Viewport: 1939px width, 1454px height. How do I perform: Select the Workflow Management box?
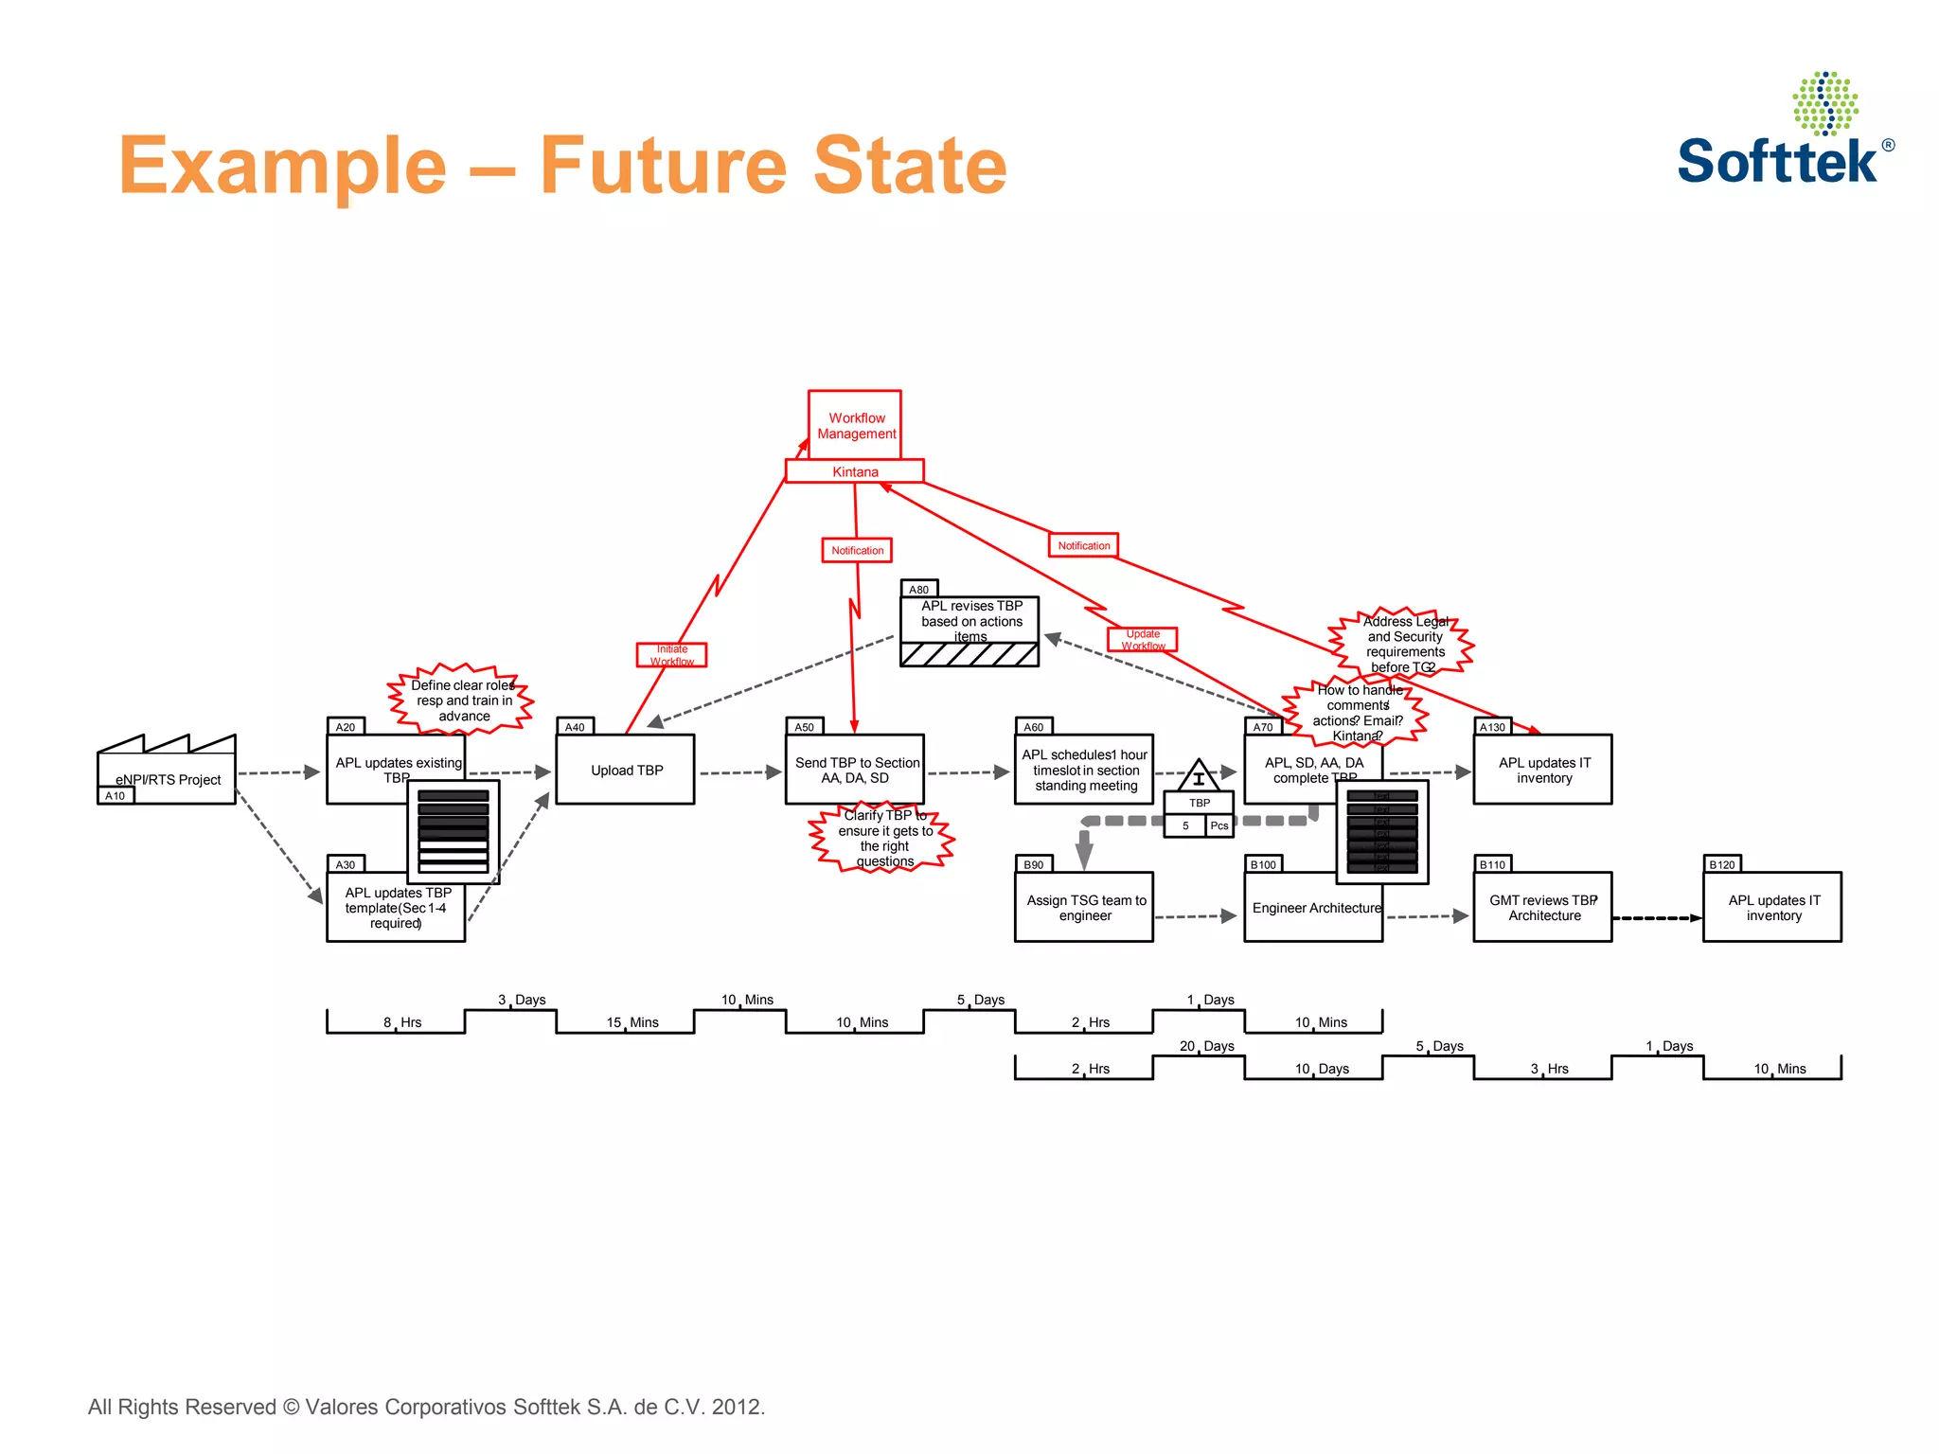[855, 425]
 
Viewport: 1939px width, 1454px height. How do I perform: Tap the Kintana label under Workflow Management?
[855, 471]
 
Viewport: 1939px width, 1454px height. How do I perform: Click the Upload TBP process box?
[626, 771]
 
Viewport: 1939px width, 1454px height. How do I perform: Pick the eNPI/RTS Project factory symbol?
[168, 769]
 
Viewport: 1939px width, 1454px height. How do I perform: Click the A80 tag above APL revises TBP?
[918, 589]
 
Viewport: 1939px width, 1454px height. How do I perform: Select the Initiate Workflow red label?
[671, 655]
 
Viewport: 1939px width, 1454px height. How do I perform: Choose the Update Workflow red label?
[1143, 640]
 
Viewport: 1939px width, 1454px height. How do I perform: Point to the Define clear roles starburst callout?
[462, 700]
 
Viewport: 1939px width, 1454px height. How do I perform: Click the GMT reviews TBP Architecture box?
[1542, 908]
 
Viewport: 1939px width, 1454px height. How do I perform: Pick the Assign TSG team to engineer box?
[1084, 908]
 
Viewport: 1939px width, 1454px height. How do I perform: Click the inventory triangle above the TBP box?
[1199, 776]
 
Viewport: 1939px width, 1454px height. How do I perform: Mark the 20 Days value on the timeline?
[1206, 1046]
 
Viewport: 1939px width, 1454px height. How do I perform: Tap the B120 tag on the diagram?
[1721, 864]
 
